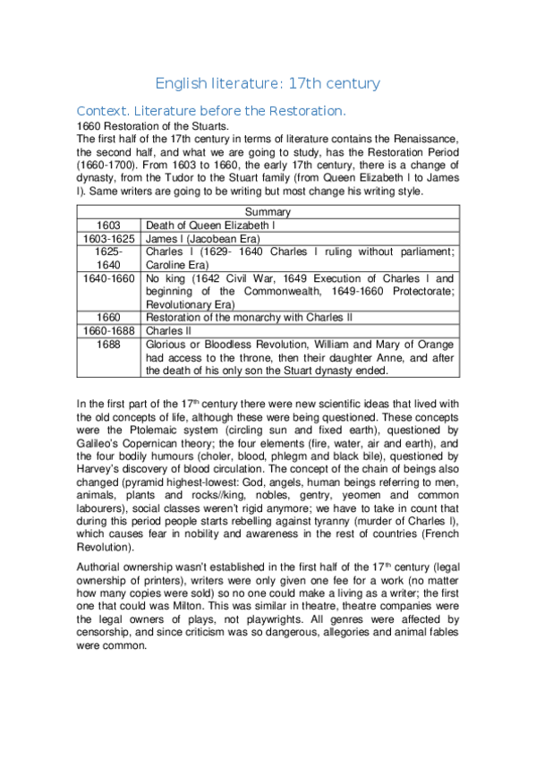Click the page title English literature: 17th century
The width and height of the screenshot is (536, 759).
coord(268,83)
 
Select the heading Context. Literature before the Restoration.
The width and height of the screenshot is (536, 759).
coord(210,111)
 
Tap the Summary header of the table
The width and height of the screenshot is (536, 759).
coord(268,212)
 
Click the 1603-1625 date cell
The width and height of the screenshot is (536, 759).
coord(109,239)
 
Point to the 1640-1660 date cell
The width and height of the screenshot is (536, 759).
coord(109,278)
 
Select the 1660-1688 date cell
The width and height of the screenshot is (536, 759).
coord(109,330)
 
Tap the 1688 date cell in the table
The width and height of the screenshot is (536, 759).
coord(109,344)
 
